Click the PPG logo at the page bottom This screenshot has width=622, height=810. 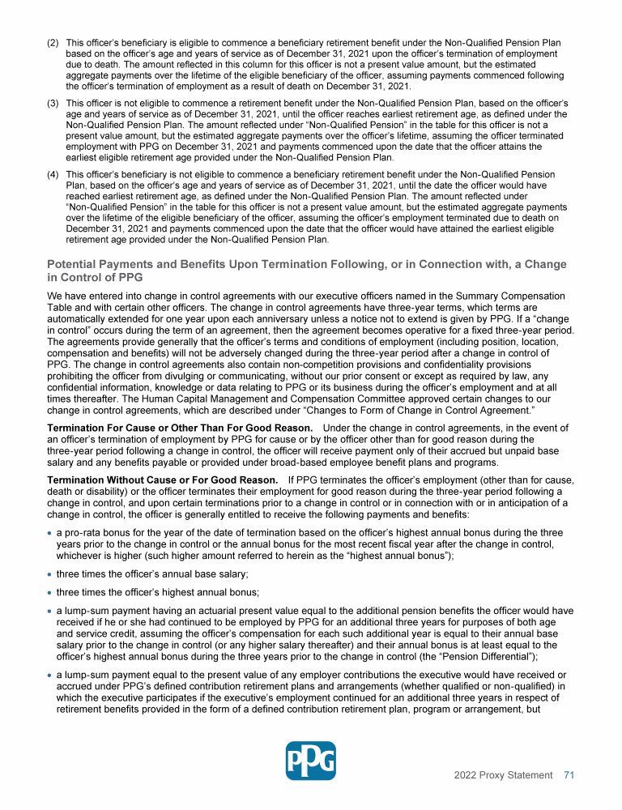pos(311,761)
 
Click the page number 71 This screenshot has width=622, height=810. pos(569,775)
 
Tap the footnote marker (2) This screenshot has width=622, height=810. pos(53,41)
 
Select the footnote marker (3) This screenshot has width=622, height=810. pos(53,104)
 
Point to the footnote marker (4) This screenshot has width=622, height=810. pos(53,175)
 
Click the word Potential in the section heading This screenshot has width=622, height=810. pos(74,265)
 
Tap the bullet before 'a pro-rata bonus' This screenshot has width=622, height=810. pos(50,533)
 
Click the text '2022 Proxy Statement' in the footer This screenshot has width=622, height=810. pos(503,775)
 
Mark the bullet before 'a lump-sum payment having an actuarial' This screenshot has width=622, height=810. pos(50,612)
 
